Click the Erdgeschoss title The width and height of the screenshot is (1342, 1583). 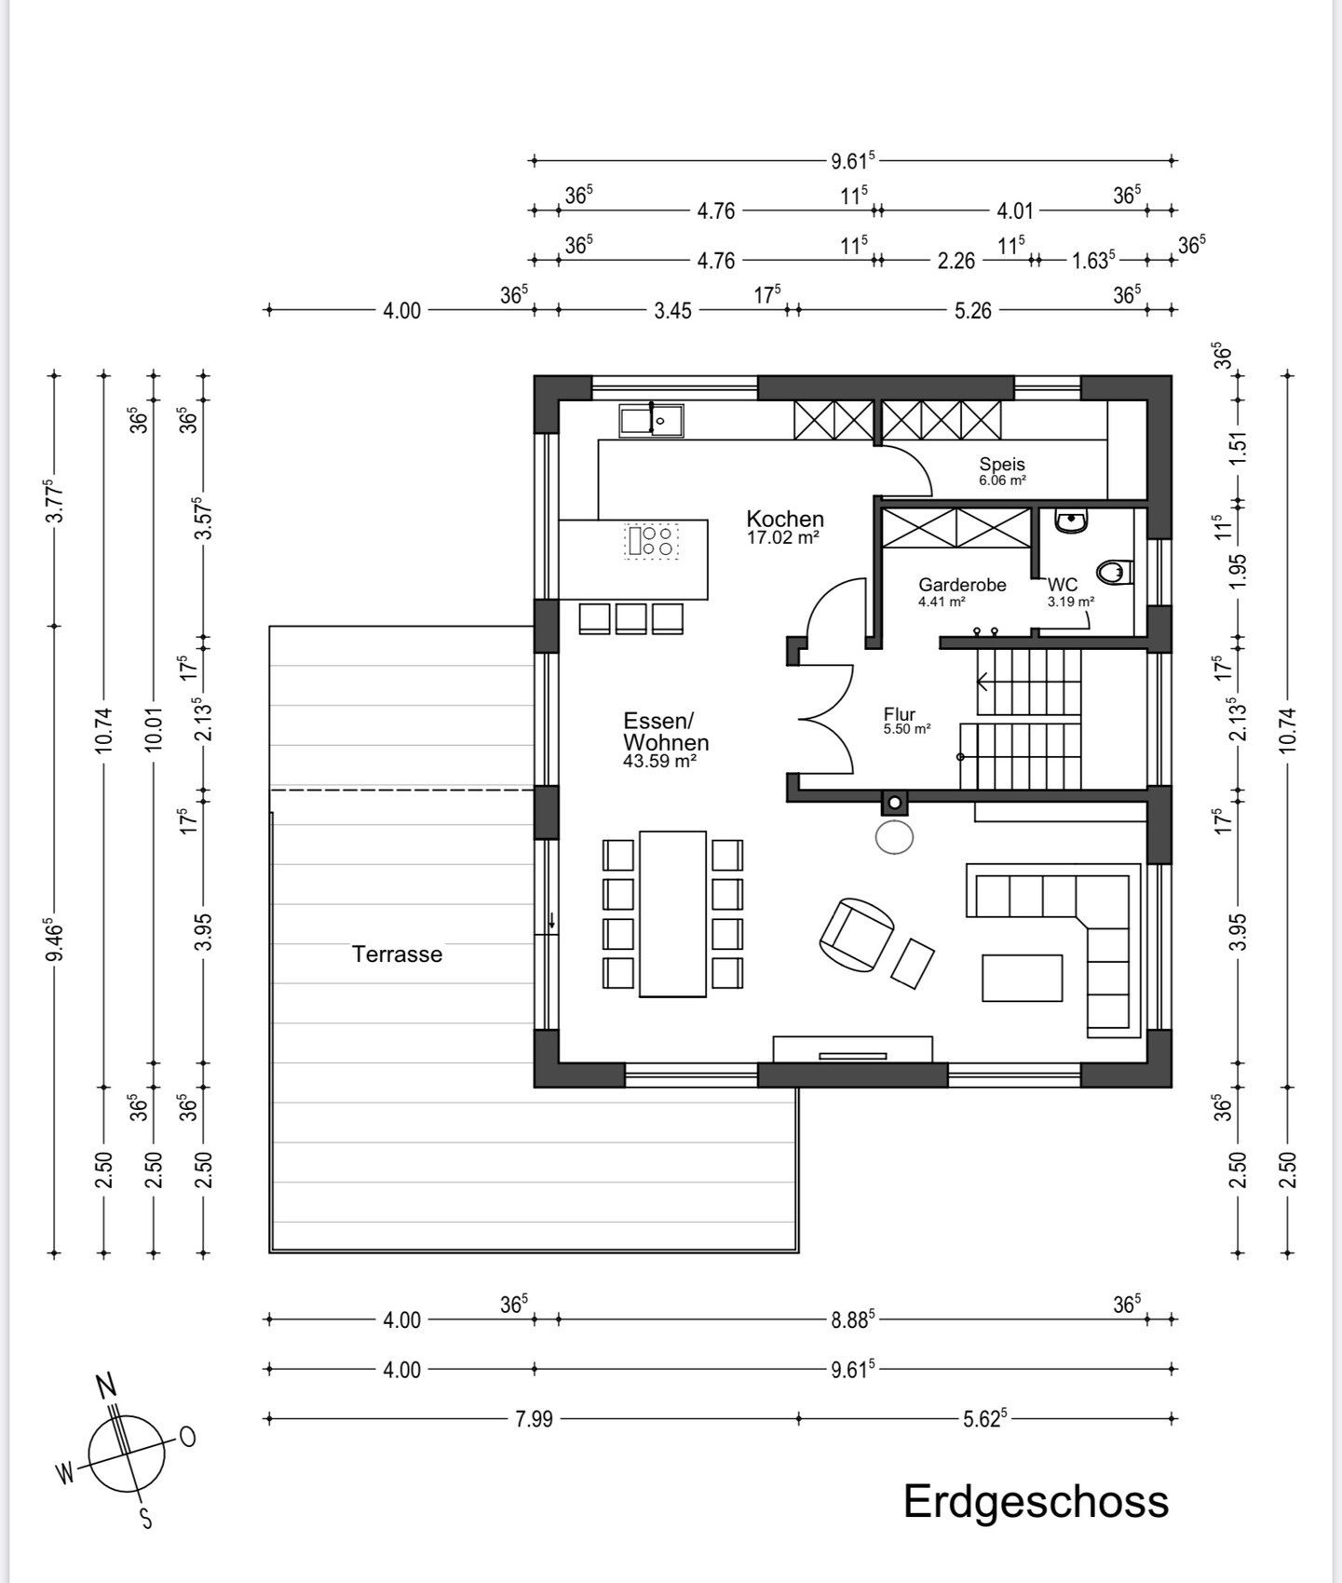click(x=1036, y=1502)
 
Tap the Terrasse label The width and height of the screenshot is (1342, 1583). click(x=397, y=954)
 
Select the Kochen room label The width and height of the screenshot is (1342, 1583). click(x=785, y=519)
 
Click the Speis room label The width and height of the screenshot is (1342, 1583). click(x=1002, y=464)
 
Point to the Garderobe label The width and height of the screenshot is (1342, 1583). click(x=962, y=585)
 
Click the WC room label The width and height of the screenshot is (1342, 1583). click(x=1063, y=585)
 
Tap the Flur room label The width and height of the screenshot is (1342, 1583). click(x=900, y=714)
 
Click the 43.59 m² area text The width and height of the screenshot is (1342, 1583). click(x=660, y=761)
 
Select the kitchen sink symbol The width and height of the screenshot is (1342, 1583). click(x=652, y=420)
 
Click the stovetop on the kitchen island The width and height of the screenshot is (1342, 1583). click(x=651, y=540)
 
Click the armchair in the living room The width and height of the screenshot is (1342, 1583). click(x=856, y=934)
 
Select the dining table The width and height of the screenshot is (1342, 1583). click(x=672, y=913)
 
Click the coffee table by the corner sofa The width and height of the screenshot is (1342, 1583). click(x=1022, y=978)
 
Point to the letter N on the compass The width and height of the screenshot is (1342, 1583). click(x=108, y=1387)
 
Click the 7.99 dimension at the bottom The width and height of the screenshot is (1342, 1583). click(x=534, y=1419)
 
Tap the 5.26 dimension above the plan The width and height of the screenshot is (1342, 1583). click(x=973, y=311)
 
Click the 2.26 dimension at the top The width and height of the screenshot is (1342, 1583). click(x=956, y=261)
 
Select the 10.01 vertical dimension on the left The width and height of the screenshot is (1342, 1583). click(x=155, y=728)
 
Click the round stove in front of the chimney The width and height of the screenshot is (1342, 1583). click(x=894, y=836)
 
